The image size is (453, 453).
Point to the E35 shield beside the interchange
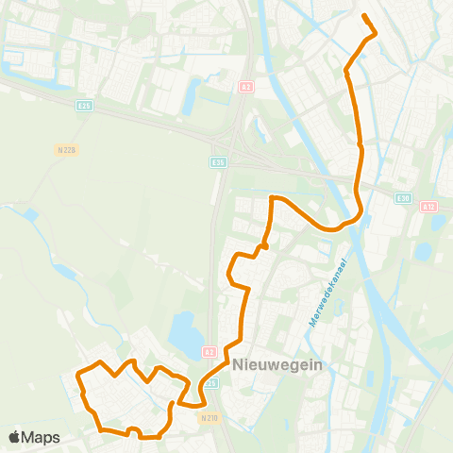(x=218, y=162)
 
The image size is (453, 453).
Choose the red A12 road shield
(x=429, y=206)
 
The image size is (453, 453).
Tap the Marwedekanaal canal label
(x=327, y=294)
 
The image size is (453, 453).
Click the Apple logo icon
(x=15, y=437)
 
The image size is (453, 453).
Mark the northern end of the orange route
(x=364, y=15)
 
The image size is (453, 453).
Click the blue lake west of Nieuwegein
(x=181, y=331)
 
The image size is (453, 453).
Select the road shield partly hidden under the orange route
(x=212, y=383)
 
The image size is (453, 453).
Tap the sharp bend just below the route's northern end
(x=375, y=34)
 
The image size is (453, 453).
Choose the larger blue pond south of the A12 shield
(x=423, y=251)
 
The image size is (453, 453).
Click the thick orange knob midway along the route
(x=265, y=246)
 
